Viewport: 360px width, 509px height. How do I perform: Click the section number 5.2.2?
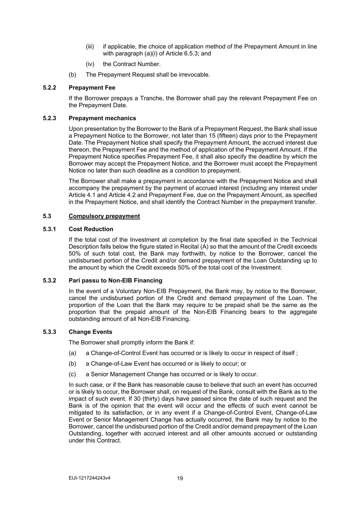click(49, 88)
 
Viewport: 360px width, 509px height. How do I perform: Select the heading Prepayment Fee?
click(92, 88)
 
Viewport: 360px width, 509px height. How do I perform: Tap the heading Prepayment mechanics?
click(102, 118)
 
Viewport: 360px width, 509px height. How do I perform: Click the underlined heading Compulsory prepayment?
click(104, 216)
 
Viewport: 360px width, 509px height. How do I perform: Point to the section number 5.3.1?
click(49, 229)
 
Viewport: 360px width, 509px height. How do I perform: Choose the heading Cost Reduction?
click(91, 229)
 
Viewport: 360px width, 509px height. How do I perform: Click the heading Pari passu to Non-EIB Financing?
click(115, 280)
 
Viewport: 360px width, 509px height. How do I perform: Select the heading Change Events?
click(90, 332)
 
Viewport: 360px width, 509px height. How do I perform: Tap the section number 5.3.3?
click(49, 332)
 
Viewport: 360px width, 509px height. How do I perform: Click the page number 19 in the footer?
click(180, 478)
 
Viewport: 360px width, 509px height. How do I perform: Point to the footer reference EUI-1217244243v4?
click(90, 478)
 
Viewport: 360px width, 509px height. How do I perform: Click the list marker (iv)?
click(90, 64)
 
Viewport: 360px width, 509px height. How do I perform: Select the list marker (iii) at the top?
click(90, 47)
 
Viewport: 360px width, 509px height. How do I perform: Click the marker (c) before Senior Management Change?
click(72, 374)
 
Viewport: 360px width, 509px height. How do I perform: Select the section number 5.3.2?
click(49, 280)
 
